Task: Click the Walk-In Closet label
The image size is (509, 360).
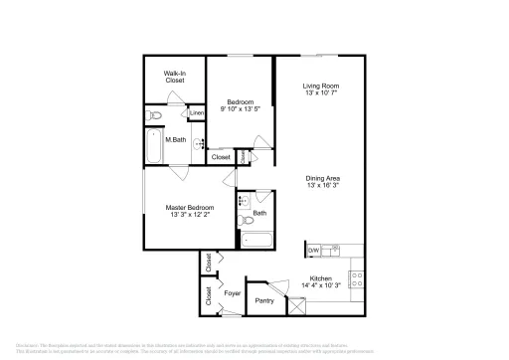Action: click(x=177, y=76)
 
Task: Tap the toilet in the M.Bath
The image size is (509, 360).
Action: click(x=155, y=117)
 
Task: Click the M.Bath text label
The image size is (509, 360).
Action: click(x=176, y=139)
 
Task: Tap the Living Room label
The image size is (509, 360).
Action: click(x=321, y=86)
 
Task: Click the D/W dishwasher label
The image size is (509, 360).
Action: click(x=312, y=250)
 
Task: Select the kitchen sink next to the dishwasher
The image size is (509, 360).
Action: click(x=335, y=250)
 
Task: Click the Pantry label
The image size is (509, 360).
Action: click(x=264, y=300)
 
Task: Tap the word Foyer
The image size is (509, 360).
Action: click(x=232, y=294)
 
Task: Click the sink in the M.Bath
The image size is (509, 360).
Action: click(x=198, y=143)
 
